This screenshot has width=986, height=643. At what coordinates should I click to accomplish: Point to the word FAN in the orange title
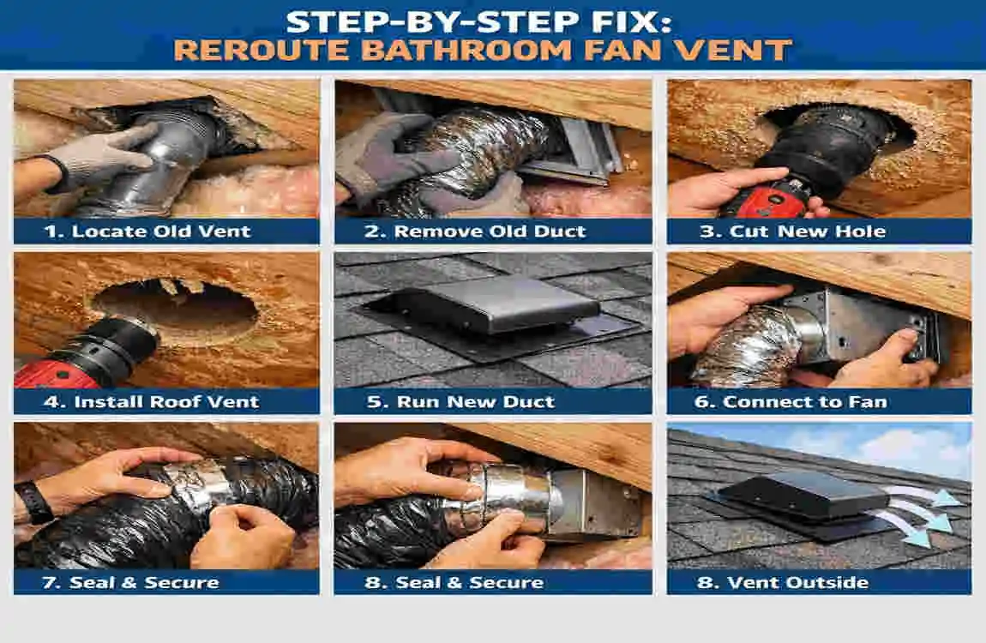point(625,49)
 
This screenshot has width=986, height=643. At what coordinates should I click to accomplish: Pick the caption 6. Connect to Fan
point(805,401)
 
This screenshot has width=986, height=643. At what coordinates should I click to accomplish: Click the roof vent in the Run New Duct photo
point(493,304)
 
